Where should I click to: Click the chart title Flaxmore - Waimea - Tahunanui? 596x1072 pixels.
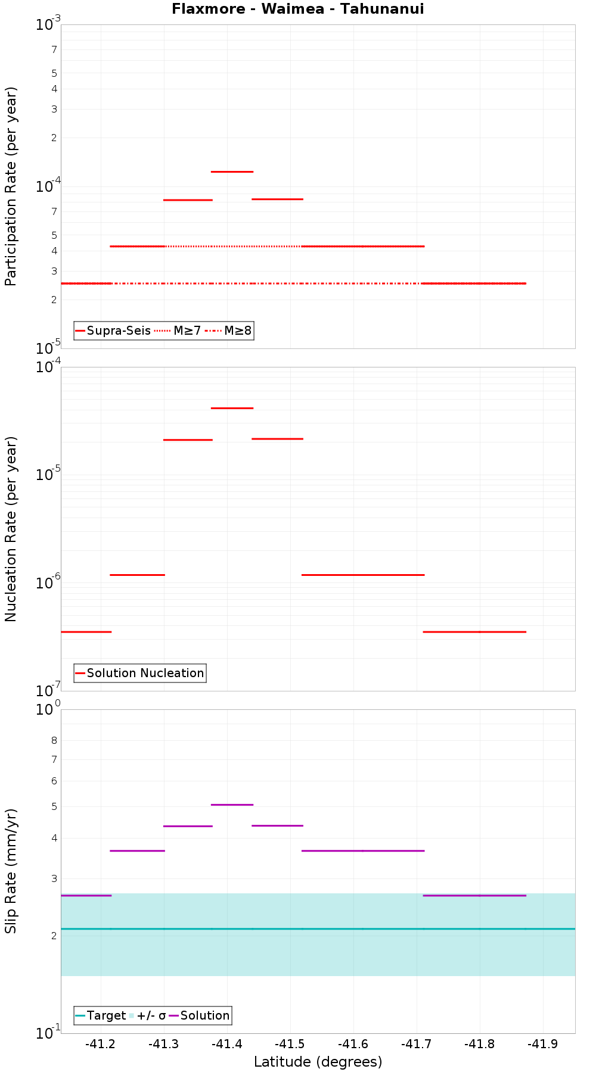click(297, 9)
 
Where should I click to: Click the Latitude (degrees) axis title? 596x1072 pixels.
click(318, 1062)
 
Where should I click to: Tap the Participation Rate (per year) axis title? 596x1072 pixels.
click(11, 186)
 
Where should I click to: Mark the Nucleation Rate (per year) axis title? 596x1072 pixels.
click(11, 529)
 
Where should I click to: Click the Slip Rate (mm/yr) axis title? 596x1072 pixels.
click(11, 871)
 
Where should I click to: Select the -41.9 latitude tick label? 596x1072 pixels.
click(543, 1044)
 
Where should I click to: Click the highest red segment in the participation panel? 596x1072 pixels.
click(232, 172)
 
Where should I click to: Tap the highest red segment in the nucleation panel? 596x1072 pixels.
click(232, 408)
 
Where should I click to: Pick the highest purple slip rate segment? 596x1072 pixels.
click(232, 805)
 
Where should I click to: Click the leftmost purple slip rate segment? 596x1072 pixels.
click(86, 895)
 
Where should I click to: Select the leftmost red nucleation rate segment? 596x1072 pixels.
click(86, 631)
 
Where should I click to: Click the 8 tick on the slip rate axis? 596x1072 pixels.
click(54, 740)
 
